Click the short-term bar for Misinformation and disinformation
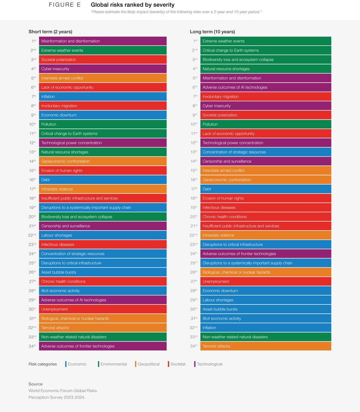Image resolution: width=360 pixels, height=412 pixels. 102,41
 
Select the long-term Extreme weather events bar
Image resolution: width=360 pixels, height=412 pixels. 266,41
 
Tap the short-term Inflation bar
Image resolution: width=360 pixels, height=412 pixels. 102,97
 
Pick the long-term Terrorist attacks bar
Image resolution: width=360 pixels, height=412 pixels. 266,346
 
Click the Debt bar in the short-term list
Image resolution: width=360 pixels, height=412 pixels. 102,180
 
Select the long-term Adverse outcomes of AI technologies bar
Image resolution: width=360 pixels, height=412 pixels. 266,87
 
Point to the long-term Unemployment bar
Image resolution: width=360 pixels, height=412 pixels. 266,281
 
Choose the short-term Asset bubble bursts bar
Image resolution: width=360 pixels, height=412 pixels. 102,272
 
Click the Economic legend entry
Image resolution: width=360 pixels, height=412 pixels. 77,364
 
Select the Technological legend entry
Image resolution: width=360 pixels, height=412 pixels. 209,364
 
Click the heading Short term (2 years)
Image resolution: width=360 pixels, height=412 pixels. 50,32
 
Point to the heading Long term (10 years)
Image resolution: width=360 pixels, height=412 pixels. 212,32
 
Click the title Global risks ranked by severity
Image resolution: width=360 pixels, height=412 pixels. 133,5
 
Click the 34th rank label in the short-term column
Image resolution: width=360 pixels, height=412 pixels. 32,346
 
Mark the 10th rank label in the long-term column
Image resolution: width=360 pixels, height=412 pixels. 194,124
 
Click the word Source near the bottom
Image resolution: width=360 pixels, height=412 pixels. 36,384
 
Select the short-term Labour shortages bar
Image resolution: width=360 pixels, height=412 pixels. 102,235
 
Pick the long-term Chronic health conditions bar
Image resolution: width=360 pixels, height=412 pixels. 266,217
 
